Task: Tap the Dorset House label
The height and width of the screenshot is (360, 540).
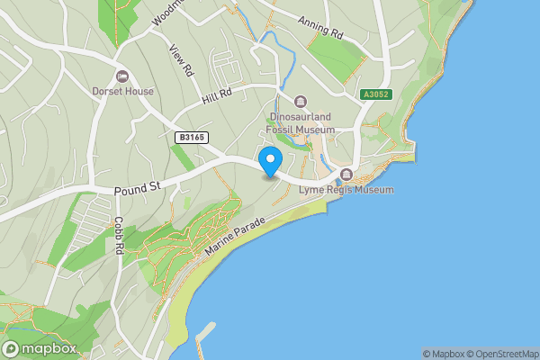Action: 122,91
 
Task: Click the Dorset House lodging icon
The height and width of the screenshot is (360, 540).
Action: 122,76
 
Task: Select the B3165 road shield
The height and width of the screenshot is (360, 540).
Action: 190,137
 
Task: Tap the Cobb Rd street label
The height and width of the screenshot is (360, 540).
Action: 119,235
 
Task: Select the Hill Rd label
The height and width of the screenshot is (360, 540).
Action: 217,93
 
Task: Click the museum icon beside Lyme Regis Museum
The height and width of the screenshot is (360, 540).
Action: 346,175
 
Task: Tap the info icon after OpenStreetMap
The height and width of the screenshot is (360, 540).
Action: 535,354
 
